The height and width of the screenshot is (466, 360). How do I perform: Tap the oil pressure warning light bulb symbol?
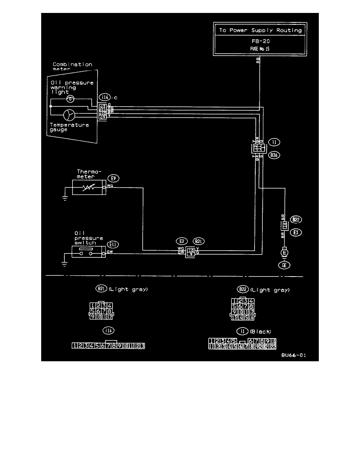71,98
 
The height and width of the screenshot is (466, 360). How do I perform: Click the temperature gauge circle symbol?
68,115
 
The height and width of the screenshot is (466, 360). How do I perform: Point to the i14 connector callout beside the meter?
104,98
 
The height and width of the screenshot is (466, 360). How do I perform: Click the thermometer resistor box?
87,187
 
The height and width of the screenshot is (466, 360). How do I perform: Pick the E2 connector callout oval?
181,242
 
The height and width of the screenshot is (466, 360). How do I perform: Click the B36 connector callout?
273,155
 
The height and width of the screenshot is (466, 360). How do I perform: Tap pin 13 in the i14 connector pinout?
142,346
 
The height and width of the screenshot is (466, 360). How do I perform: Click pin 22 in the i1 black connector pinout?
273,346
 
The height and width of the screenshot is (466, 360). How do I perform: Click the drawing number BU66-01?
293,356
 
